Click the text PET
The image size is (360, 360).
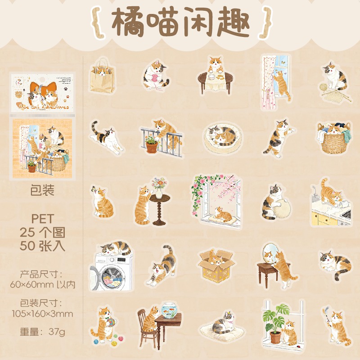point(43,219)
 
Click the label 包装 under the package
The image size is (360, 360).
point(43,190)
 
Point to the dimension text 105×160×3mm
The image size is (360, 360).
point(43,313)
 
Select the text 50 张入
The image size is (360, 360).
point(43,246)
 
